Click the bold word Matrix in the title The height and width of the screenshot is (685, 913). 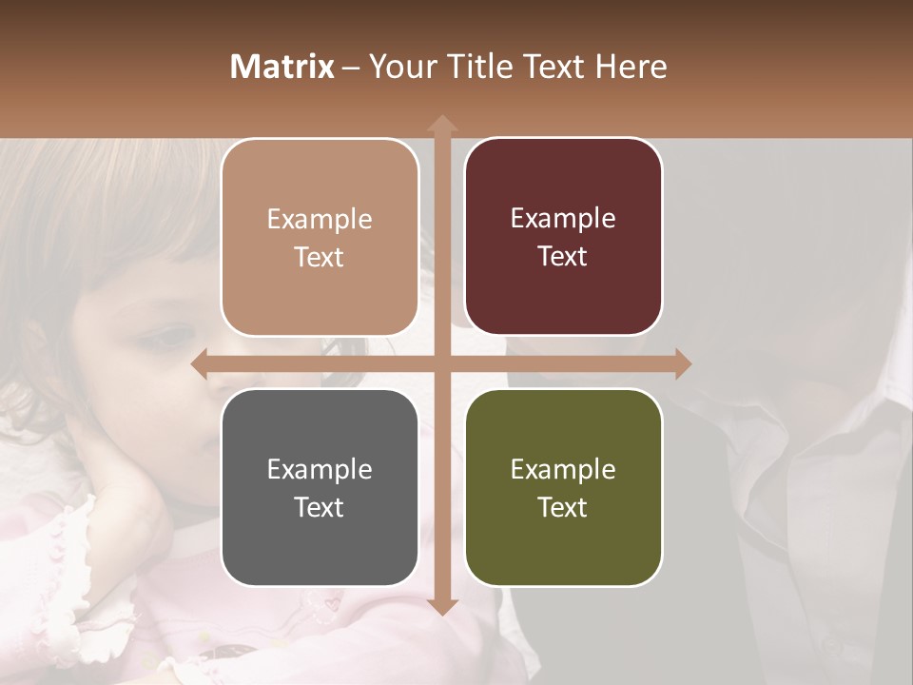(282, 67)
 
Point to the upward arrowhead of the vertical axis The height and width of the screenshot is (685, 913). (441, 123)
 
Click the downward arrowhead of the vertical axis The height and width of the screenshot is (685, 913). (441, 606)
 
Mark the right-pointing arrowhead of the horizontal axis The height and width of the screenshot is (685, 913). (683, 363)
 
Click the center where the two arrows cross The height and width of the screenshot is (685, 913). (441, 363)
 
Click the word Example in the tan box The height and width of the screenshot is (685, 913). (320, 220)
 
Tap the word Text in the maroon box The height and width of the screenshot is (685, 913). (563, 257)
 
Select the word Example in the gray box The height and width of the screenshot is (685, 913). (320, 470)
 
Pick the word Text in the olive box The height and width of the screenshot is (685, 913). (563, 507)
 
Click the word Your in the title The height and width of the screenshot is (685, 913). (400, 67)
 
